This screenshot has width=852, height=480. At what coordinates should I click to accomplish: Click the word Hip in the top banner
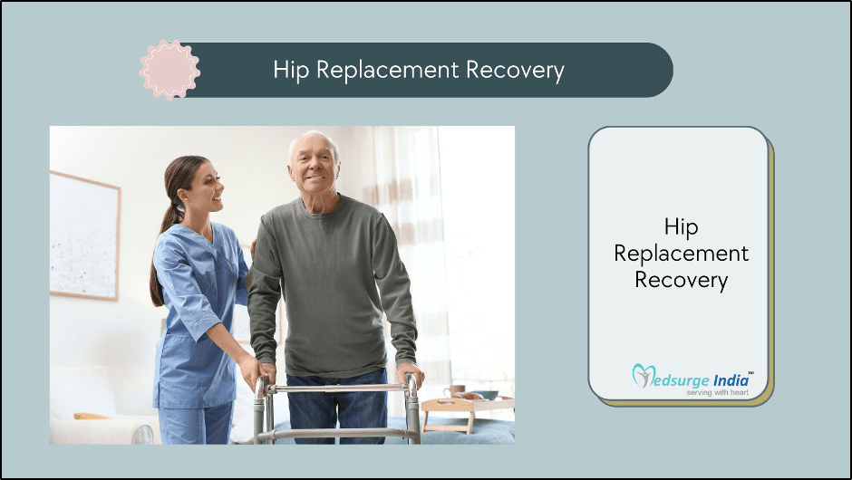point(288,70)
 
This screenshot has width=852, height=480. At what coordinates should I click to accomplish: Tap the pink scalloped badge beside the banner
point(169,70)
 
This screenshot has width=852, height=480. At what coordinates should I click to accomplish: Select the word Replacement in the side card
point(681,254)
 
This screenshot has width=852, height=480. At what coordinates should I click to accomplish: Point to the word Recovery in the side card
point(681,280)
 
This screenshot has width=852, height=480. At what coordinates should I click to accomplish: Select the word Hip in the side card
point(681,226)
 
